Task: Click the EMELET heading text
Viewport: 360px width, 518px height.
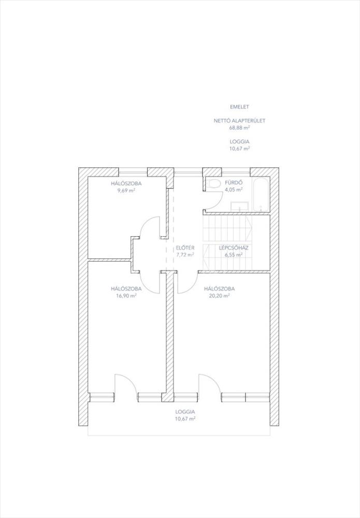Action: tap(239, 107)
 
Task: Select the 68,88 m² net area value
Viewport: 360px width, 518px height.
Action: tap(239, 127)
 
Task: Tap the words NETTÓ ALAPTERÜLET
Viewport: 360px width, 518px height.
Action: tap(239, 121)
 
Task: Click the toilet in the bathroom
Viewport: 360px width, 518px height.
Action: tap(214, 184)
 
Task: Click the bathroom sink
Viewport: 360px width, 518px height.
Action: tap(239, 206)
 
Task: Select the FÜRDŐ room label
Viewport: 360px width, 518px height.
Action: tap(234, 183)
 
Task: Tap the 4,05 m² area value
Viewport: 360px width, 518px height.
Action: tap(234, 190)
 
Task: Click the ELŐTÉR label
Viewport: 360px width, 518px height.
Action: tap(185, 248)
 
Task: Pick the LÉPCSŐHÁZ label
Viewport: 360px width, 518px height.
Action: tap(234, 248)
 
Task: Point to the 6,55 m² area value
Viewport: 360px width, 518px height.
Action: tap(234, 255)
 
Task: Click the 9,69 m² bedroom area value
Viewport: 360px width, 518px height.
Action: tap(126, 191)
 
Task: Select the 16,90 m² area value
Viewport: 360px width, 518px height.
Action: tap(126, 296)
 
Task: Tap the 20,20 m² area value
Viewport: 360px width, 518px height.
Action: tap(219, 296)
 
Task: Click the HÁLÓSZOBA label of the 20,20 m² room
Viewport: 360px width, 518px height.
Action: tap(219, 289)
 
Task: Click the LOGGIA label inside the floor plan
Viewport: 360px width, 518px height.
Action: tap(185, 412)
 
